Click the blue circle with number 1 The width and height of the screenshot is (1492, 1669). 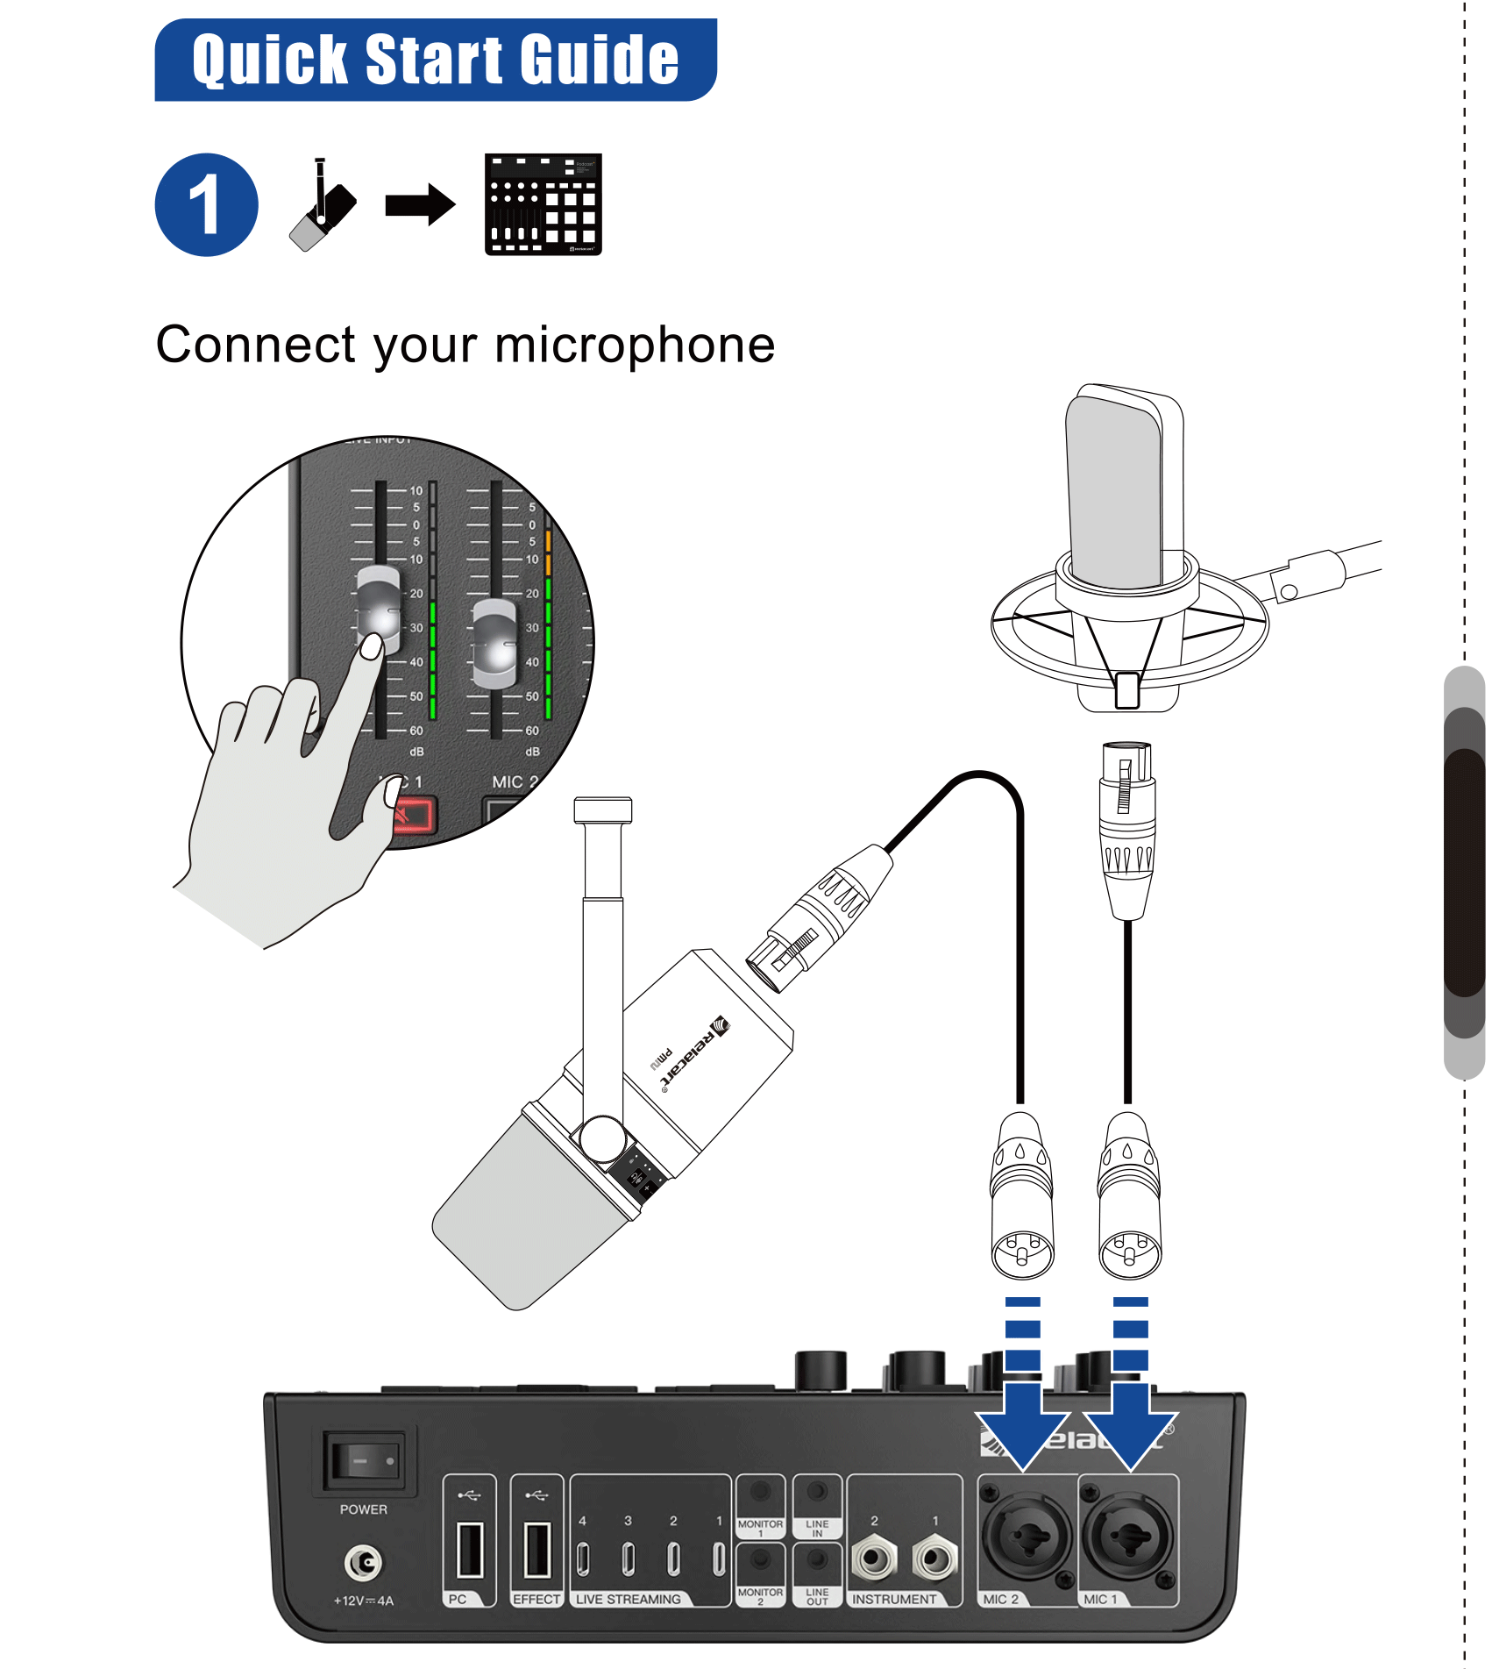tap(207, 204)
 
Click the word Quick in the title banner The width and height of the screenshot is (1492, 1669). tap(271, 61)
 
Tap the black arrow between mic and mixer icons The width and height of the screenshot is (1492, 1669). tap(420, 205)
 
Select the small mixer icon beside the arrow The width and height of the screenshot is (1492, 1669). tap(543, 204)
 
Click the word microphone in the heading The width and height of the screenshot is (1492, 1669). tap(635, 345)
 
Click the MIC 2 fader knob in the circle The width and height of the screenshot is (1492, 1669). tap(494, 644)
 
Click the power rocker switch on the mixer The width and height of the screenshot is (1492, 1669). tap(364, 1460)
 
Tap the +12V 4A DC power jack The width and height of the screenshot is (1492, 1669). tap(363, 1562)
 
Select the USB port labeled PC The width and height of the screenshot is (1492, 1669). tap(470, 1550)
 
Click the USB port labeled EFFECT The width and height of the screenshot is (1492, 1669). tap(536, 1550)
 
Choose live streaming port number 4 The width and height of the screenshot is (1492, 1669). tap(583, 1558)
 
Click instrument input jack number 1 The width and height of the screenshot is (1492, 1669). tap(934, 1558)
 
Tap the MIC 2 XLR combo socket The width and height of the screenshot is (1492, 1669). tap(1027, 1536)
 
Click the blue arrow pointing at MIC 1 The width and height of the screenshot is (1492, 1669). tap(1130, 1421)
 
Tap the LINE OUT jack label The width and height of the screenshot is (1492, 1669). tap(817, 1596)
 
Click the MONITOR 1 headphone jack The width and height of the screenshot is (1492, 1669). tap(760, 1490)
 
